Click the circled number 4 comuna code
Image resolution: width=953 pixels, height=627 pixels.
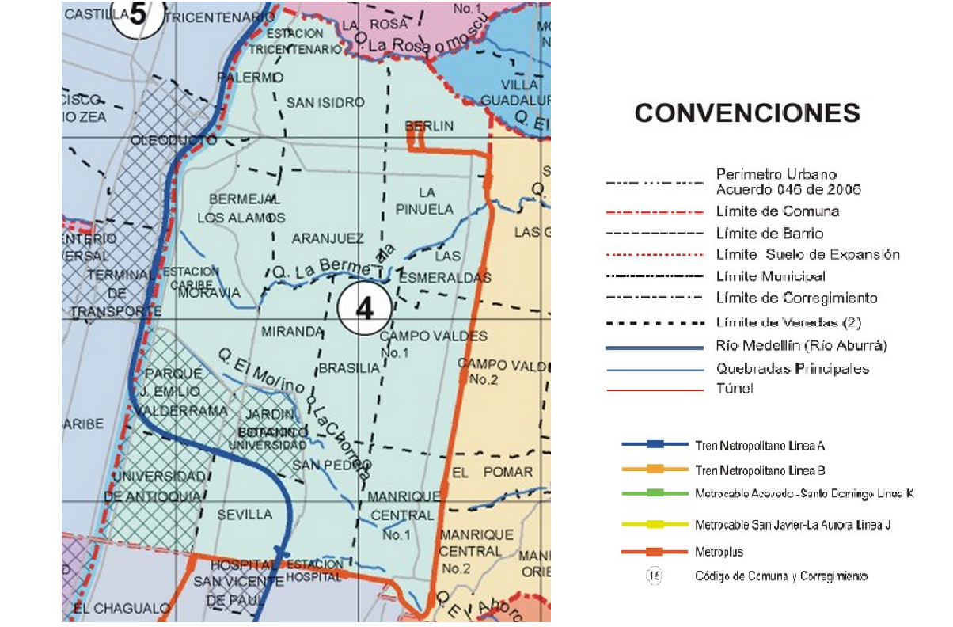click(364, 309)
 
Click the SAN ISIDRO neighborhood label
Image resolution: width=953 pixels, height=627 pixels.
click(325, 102)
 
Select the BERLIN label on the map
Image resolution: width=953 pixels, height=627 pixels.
click(429, 126)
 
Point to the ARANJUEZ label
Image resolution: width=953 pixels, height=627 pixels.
click(328, 238)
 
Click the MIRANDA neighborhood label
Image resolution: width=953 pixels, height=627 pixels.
click(293, 331)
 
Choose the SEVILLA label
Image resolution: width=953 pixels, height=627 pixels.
click(245, 515)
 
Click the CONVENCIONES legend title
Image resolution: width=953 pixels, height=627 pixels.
click(746, 113)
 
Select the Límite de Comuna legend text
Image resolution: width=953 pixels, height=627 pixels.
click(777, 211)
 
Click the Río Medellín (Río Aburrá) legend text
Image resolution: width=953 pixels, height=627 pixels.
click(801, 346)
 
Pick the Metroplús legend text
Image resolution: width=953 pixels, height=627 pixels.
click(719, 551)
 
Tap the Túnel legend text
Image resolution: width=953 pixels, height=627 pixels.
click(734, 389)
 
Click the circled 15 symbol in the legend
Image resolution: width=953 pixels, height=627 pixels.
click(654, 576)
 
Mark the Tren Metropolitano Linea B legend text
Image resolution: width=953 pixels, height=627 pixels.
click(761, 469)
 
